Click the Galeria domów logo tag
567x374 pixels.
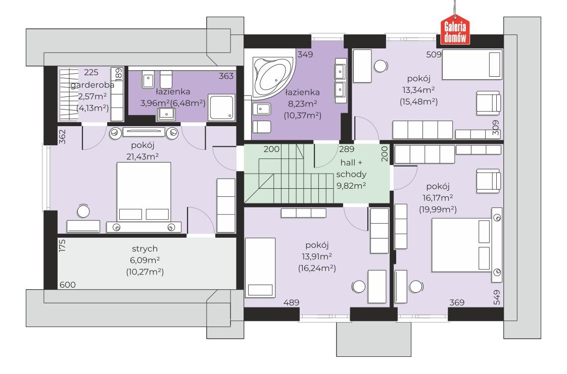pos(455,30)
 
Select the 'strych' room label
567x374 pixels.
pos(145,249)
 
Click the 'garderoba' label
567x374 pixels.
pos(92,85)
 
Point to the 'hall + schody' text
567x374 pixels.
pos(351,168)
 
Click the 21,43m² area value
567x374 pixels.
pos(143,156)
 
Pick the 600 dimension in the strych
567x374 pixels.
pos(68,285)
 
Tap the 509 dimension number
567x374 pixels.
pos(434,55)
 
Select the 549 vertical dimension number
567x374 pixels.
pos(497,297)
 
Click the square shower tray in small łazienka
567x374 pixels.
pos(221,108)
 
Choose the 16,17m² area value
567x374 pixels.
pos(438,198)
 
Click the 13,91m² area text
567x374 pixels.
pos(317,256)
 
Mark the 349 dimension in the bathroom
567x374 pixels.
pos(305,55)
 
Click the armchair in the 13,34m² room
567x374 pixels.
pos(488,103)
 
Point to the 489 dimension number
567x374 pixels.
pos(291,302)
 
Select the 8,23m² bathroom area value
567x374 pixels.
pos(302,104)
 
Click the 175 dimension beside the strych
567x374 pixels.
pos(62,245)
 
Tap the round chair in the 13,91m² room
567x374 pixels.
pos(359,287)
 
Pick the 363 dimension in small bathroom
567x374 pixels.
pos(226,76)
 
